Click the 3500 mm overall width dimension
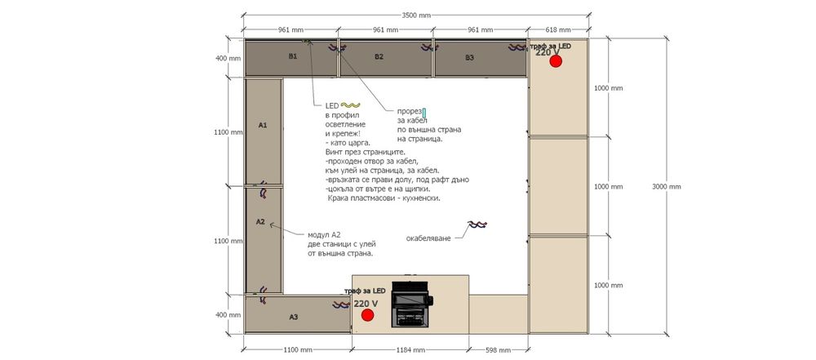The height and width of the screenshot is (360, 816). [417, 16]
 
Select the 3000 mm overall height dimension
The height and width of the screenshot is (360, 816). [666, 186]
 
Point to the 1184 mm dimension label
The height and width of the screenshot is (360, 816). [410, 349]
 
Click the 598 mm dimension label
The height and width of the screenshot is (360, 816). [498, 349]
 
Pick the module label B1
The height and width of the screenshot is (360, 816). [293, 56]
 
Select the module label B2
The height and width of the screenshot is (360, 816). [379, 57]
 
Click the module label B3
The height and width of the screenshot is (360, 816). [469, 58]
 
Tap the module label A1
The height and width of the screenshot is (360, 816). [263, 125]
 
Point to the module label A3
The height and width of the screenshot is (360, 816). [294, 317]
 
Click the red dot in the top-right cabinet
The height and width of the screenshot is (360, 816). [556, 61]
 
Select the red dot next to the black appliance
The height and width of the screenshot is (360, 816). [367, 314]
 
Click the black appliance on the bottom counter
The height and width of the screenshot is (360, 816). [411, 304]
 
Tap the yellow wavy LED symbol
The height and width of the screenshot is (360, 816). [351, 106]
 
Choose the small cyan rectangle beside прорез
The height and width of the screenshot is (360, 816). [424, 113]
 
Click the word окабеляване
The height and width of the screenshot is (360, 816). [429, 238]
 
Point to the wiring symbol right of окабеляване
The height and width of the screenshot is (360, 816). [477, 224]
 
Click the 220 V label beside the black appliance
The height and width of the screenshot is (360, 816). [366, 303]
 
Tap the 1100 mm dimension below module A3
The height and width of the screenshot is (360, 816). [298, 349]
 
